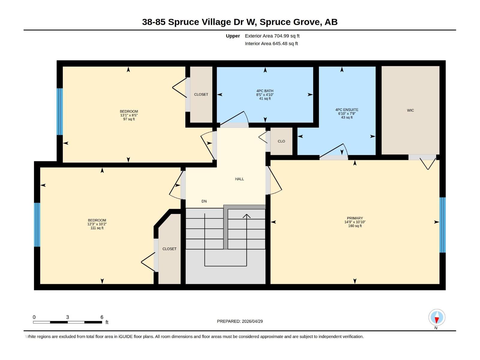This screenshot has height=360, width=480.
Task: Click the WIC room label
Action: (x=410, y=110)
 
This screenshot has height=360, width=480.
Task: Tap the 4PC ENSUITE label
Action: (x=347, y=110)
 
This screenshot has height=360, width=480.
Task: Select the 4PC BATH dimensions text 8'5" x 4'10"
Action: (x=265, y=95)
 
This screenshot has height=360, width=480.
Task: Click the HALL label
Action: (x=239, y=179)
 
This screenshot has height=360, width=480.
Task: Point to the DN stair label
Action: (x=204, y=201)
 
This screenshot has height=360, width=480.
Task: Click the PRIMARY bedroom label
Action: (x=355, y=218)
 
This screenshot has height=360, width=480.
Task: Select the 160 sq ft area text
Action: (x=355, y=226)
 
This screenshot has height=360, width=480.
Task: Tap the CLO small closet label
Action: (x=281, y=141)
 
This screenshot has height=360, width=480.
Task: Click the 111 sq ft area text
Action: (x=97, y=228)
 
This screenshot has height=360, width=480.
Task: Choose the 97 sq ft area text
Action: (x=129, y=119)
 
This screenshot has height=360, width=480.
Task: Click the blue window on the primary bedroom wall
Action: (x=442, y=225)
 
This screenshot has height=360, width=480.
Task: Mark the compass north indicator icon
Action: (x=437, y=318)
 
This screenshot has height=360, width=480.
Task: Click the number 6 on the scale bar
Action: (x=102, y=317)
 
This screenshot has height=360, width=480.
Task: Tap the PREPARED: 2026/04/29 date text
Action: (x=240, y=321)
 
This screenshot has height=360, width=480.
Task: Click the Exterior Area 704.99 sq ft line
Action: (x=272, y=36)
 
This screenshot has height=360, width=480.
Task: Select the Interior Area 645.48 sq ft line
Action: (x=271, y=43)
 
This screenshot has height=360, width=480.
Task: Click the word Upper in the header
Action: (x=233, y=36)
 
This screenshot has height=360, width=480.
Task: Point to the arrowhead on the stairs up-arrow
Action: (x=247, y=216)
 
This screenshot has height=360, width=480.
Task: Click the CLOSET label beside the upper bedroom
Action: (x=201, y=94)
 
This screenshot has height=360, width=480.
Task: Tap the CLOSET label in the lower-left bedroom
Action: (x=169, y=249)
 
